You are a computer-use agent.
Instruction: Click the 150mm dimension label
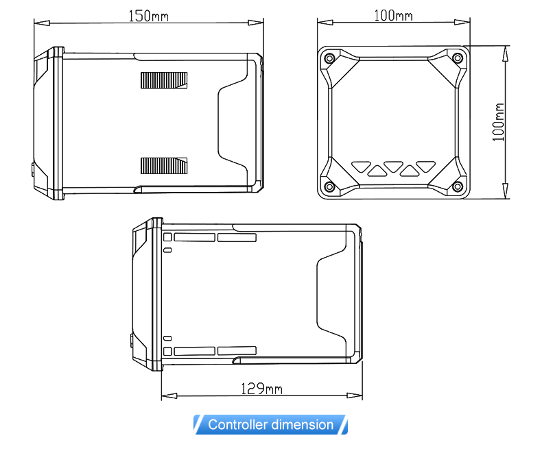coord(148,16)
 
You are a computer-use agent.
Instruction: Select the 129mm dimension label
coord(261,389)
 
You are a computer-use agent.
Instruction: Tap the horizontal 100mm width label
coord(393,15)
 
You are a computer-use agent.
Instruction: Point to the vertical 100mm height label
coord(499,122)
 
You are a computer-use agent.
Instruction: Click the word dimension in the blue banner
coord(302,424)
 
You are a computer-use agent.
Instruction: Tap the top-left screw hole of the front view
coord(330,58)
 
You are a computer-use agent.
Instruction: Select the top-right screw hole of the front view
coord(458,58)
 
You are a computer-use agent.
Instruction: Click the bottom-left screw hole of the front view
coord(330,187)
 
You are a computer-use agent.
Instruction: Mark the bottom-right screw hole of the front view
coord(458,187)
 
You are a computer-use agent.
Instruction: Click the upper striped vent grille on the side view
coord(164,80)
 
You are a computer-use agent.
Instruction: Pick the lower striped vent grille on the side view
coord(164,166)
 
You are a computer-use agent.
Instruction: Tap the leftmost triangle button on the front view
coord(361,167)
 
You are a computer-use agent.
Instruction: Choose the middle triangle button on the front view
coord(393,167)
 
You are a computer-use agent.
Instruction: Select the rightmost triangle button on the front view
coord(426,167)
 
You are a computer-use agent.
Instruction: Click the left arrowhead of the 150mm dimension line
coord(42,23)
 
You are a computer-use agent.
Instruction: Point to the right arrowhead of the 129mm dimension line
coord(354,395)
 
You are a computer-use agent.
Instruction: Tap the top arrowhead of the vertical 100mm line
coord(506,53)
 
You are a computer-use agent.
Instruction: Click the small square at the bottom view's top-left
coord(167,237)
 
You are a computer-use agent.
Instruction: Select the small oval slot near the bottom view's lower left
coord(167,338)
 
